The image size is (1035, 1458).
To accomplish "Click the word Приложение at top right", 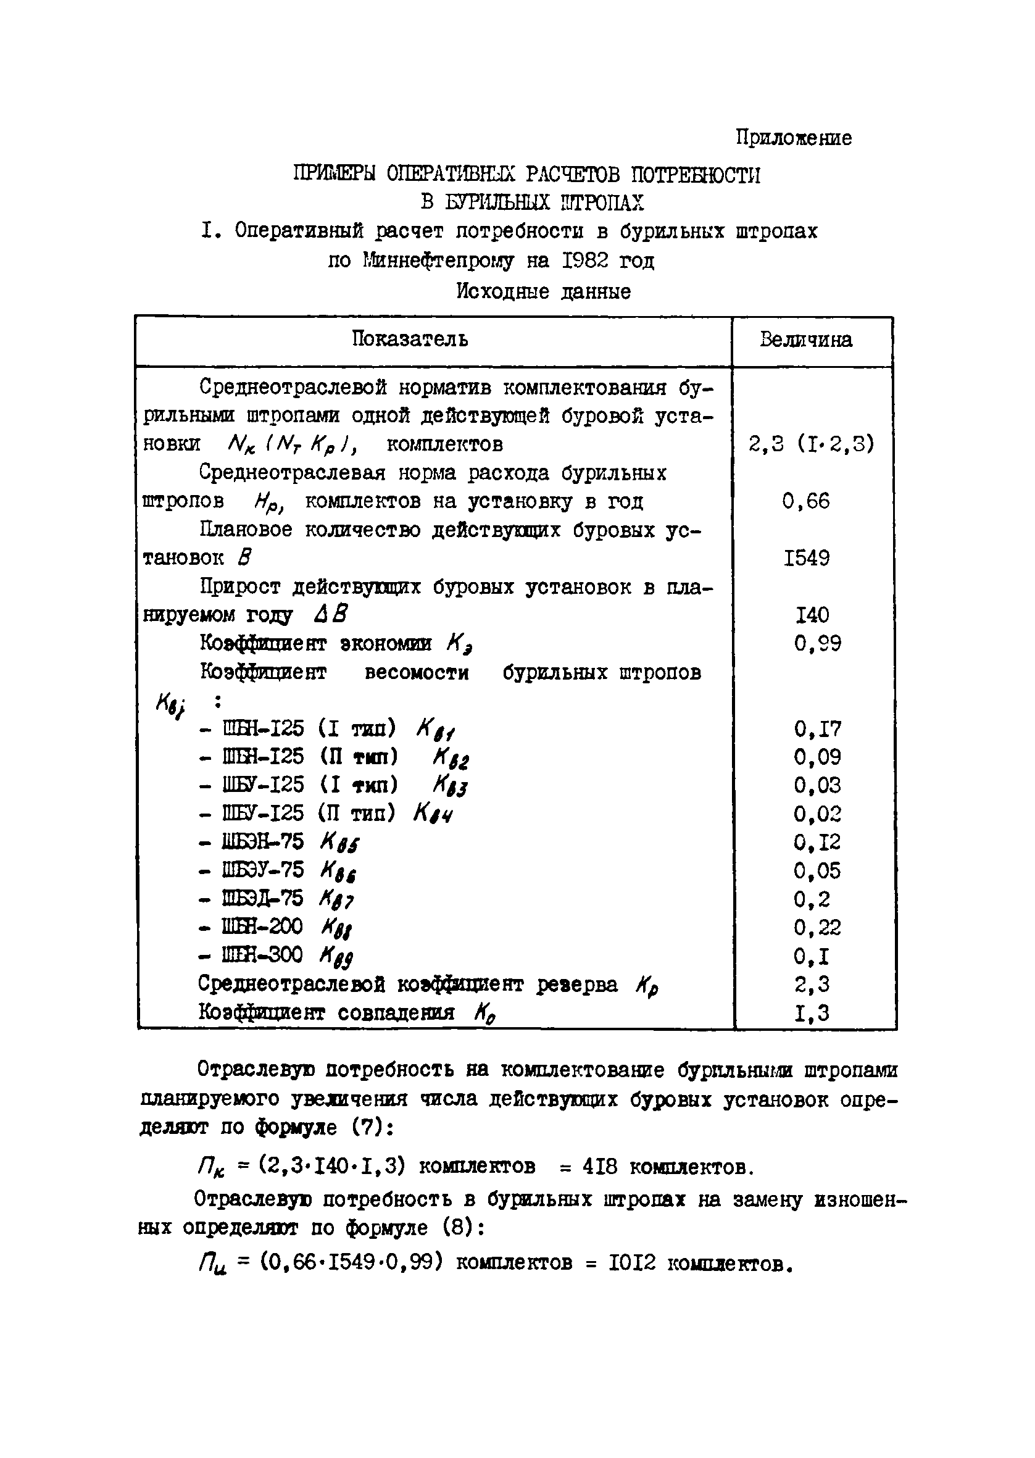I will point(794,138).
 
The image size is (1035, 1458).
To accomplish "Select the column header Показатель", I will point(410,339).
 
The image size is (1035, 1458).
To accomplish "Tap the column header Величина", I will point(805,340).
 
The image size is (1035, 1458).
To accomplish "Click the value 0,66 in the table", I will point(806,501).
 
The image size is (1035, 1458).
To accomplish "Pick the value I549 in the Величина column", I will point(806,558).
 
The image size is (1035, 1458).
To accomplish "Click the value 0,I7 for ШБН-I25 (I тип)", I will point(818,728).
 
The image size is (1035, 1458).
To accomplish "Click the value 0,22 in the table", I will point(818,927).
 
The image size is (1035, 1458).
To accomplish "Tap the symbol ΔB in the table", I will point(331,615).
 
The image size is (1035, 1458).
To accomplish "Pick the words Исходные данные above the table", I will point(543,292).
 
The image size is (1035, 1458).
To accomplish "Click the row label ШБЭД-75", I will point(262,899).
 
